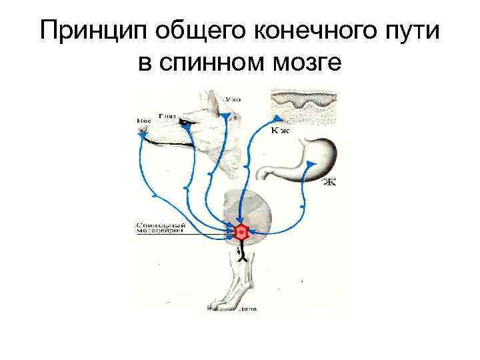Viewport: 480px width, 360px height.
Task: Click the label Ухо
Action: pyautogui.click(x=233, y=99)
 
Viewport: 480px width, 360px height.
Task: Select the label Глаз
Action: pyautogui.click(x=167, y=115)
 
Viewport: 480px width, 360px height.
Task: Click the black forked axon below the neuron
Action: pyautogui.click(x=243, y=254)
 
